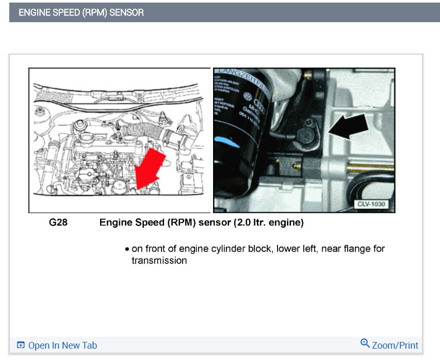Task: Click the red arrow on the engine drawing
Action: point(151,166)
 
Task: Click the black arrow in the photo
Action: point(350,127)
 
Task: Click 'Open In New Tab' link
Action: point(62,346)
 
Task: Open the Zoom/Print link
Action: point(395,346)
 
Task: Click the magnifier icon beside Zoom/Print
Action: point(365,344)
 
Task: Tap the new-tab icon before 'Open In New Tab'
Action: point(21,346)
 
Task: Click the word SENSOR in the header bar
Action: point(127,12)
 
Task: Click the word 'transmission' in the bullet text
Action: point(159,260)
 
